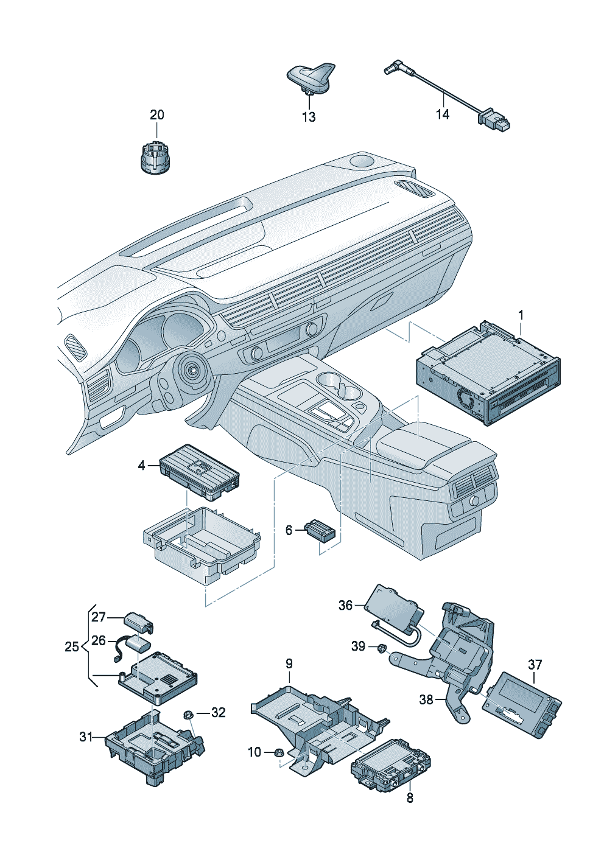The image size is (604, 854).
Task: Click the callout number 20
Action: tap(157, 114)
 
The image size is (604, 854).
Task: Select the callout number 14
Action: tap(443, 114)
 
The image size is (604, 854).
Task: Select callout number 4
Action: tap(142, 466)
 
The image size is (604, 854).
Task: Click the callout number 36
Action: tap(346, 605)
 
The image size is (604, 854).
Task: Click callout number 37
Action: tap(535, 664)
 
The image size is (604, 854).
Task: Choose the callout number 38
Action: tap(426, 699)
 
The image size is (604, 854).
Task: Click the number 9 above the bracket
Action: tap(289, 663)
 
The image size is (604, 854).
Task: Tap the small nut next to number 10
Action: tap(276, 752)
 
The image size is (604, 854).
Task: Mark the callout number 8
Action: tap(410, 797)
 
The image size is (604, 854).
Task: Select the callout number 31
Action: tap(86, 737)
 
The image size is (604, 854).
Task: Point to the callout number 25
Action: tap(72, 646)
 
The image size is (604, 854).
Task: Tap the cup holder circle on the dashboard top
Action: tap(363, 161)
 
